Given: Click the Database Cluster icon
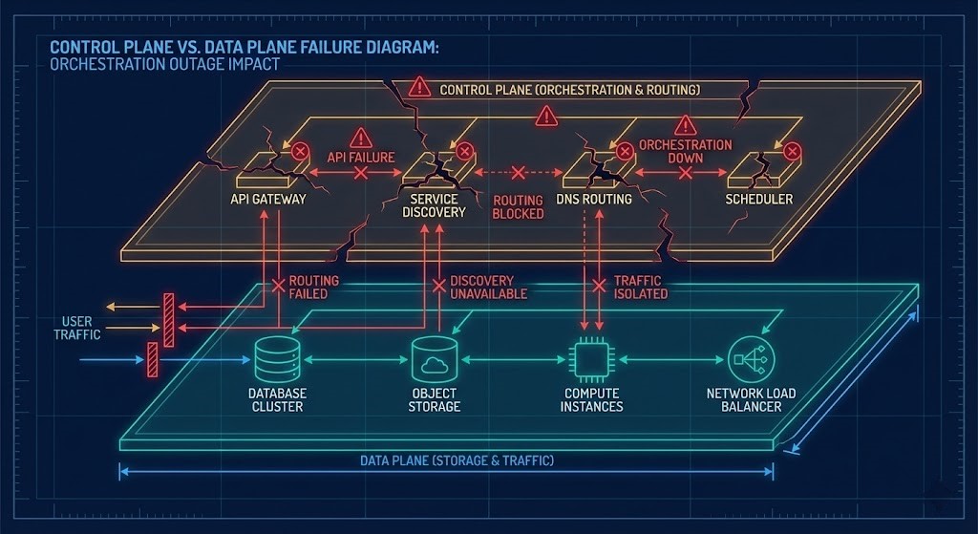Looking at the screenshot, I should [x=278, y=360].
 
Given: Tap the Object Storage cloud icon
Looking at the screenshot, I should [x=435, y=360].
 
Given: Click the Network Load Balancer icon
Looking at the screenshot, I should [x=750, y=360].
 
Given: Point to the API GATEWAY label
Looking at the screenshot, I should [x=268, y=200].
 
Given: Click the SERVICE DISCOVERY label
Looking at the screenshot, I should [x=434, y=205].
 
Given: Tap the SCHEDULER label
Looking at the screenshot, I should [x=759, y=200].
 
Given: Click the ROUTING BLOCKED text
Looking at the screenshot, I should [x=518, y=207].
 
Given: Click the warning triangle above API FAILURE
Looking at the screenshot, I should [x=360, y=138].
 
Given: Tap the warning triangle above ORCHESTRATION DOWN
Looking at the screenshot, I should [x=685, y=125].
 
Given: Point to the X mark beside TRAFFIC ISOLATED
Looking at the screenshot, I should [x=599, y=286].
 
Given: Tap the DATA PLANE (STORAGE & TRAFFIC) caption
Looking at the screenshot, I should [x=457, y=460].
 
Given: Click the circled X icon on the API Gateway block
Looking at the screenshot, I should [x=300, y=151].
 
